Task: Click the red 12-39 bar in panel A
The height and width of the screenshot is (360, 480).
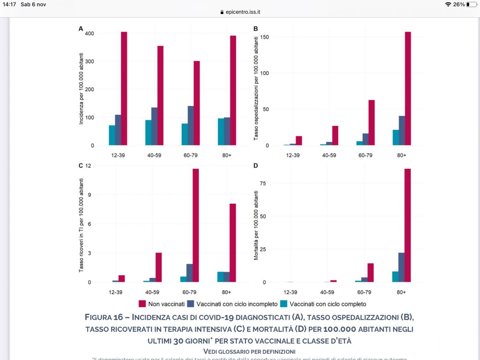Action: [x=124, y=89]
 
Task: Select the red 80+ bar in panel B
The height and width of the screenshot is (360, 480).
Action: [x=408, y=89]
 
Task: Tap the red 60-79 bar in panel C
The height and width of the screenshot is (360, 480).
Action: [x=196, y=225]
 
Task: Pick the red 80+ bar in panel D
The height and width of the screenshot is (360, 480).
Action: [x=407, y=225]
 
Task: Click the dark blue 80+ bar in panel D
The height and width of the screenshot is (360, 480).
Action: [x=401, y=267]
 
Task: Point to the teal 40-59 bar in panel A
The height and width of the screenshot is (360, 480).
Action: [x=148, y=133]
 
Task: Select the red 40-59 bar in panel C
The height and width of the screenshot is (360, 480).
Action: [x=158, y=267]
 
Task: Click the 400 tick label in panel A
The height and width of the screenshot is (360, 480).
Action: [x=89, y=33]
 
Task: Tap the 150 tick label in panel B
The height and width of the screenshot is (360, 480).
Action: [x=264, y=37]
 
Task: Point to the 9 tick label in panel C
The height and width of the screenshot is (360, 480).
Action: [x=89, y=195]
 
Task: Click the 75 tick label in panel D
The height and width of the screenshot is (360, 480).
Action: [x=263, y=183]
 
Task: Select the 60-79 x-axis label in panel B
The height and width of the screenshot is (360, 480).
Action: [x=365, y=155]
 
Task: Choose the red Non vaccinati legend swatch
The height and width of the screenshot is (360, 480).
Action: [x=142, y=304]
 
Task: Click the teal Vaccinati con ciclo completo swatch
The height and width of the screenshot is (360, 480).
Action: [x=284, y=304]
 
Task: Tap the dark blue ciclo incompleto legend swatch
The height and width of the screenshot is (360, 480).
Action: [x=191, y=304]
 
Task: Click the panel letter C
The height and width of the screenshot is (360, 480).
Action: [x=80, y=166]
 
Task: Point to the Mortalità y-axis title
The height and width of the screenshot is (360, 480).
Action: [x=256, y=225]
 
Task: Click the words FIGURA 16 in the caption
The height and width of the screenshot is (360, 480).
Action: [x=104, y=317]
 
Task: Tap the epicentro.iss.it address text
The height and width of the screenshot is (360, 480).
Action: [x=243, y=12]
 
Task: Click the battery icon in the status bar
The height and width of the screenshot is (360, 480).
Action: [x=471, y=4]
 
